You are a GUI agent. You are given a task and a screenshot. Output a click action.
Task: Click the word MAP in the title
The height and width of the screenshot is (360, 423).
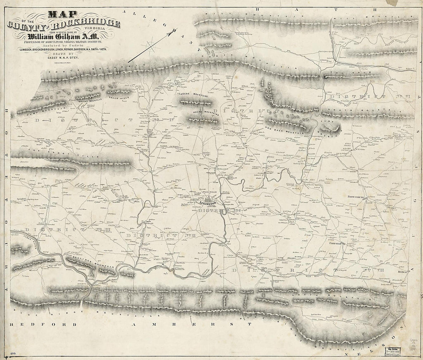click(58, 15)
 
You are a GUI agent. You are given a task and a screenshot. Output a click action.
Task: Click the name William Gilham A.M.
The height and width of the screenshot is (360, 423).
click(63, 37)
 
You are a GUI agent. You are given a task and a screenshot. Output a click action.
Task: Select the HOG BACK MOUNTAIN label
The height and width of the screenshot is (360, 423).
click(285, 131)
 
